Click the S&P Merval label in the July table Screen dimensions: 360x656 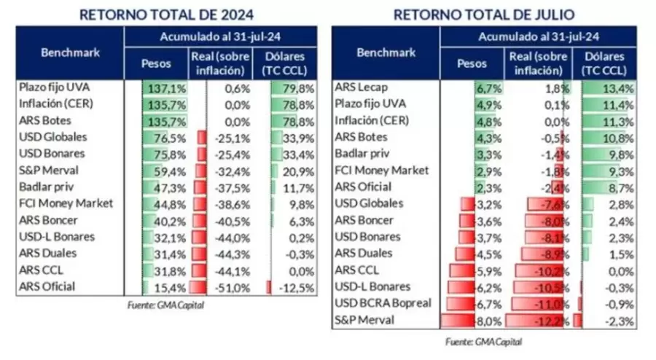click(x=364, y=319)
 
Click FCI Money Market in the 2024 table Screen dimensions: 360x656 click(x=66, y=203)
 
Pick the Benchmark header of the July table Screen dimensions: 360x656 click(x=386, y=52)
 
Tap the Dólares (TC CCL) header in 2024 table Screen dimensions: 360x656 click(x=288, y=63)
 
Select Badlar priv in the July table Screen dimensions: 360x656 click(x=362, y=154)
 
